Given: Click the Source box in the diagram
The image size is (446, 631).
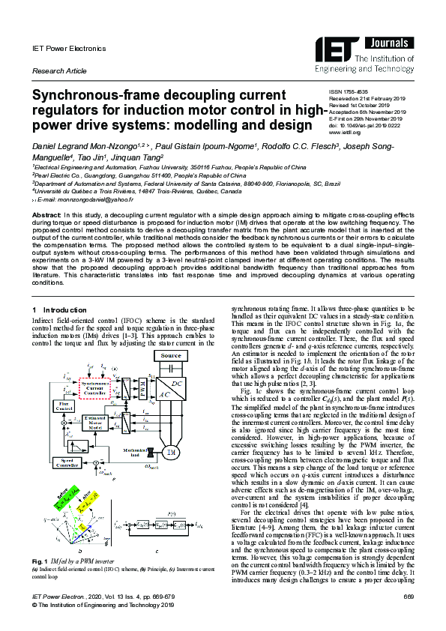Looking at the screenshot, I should [172, 356].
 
